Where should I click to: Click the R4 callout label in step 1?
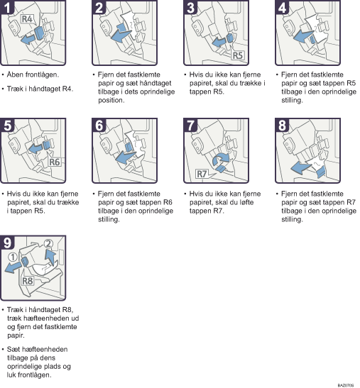[27, 19]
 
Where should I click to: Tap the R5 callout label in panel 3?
[237, 55]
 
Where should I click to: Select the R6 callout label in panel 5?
[54, 162]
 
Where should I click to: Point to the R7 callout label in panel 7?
[202, 174]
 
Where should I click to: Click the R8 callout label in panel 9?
[28, 281]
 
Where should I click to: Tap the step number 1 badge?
[7, 7]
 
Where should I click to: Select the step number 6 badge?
[99, 126]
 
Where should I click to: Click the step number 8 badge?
[282, 126]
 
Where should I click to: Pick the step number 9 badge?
[7, 243]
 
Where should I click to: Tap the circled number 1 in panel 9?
[12, 257]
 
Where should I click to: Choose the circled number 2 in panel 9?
[48, 244]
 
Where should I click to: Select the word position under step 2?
[111, 100]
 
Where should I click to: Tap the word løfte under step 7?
[246, 202]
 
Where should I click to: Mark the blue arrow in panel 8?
[301, 168]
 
